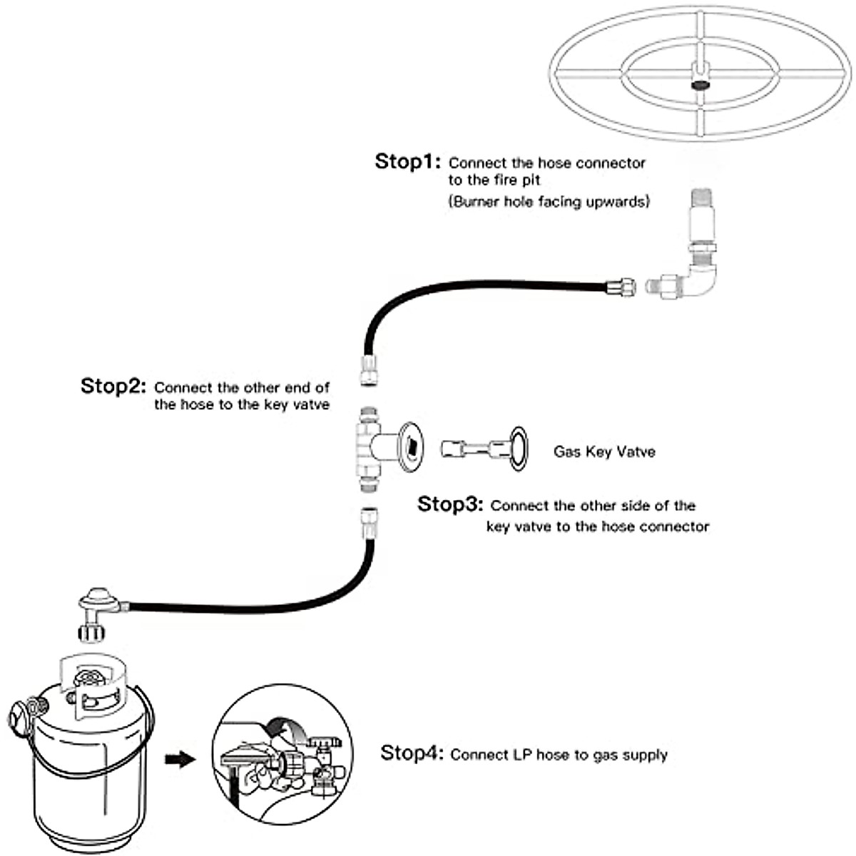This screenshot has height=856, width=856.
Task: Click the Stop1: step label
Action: (408, 162)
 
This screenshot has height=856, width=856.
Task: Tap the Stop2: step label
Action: (113, 387)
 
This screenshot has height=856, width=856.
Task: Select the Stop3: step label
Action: (450, 504)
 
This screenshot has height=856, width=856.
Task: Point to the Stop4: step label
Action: (413, 753)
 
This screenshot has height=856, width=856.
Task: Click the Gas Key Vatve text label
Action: (603, 452)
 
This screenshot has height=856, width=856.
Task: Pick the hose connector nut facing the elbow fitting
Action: (620, 287)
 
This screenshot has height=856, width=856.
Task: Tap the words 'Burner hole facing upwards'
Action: (549, 202)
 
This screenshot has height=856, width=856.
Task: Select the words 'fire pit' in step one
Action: (516, 180)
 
